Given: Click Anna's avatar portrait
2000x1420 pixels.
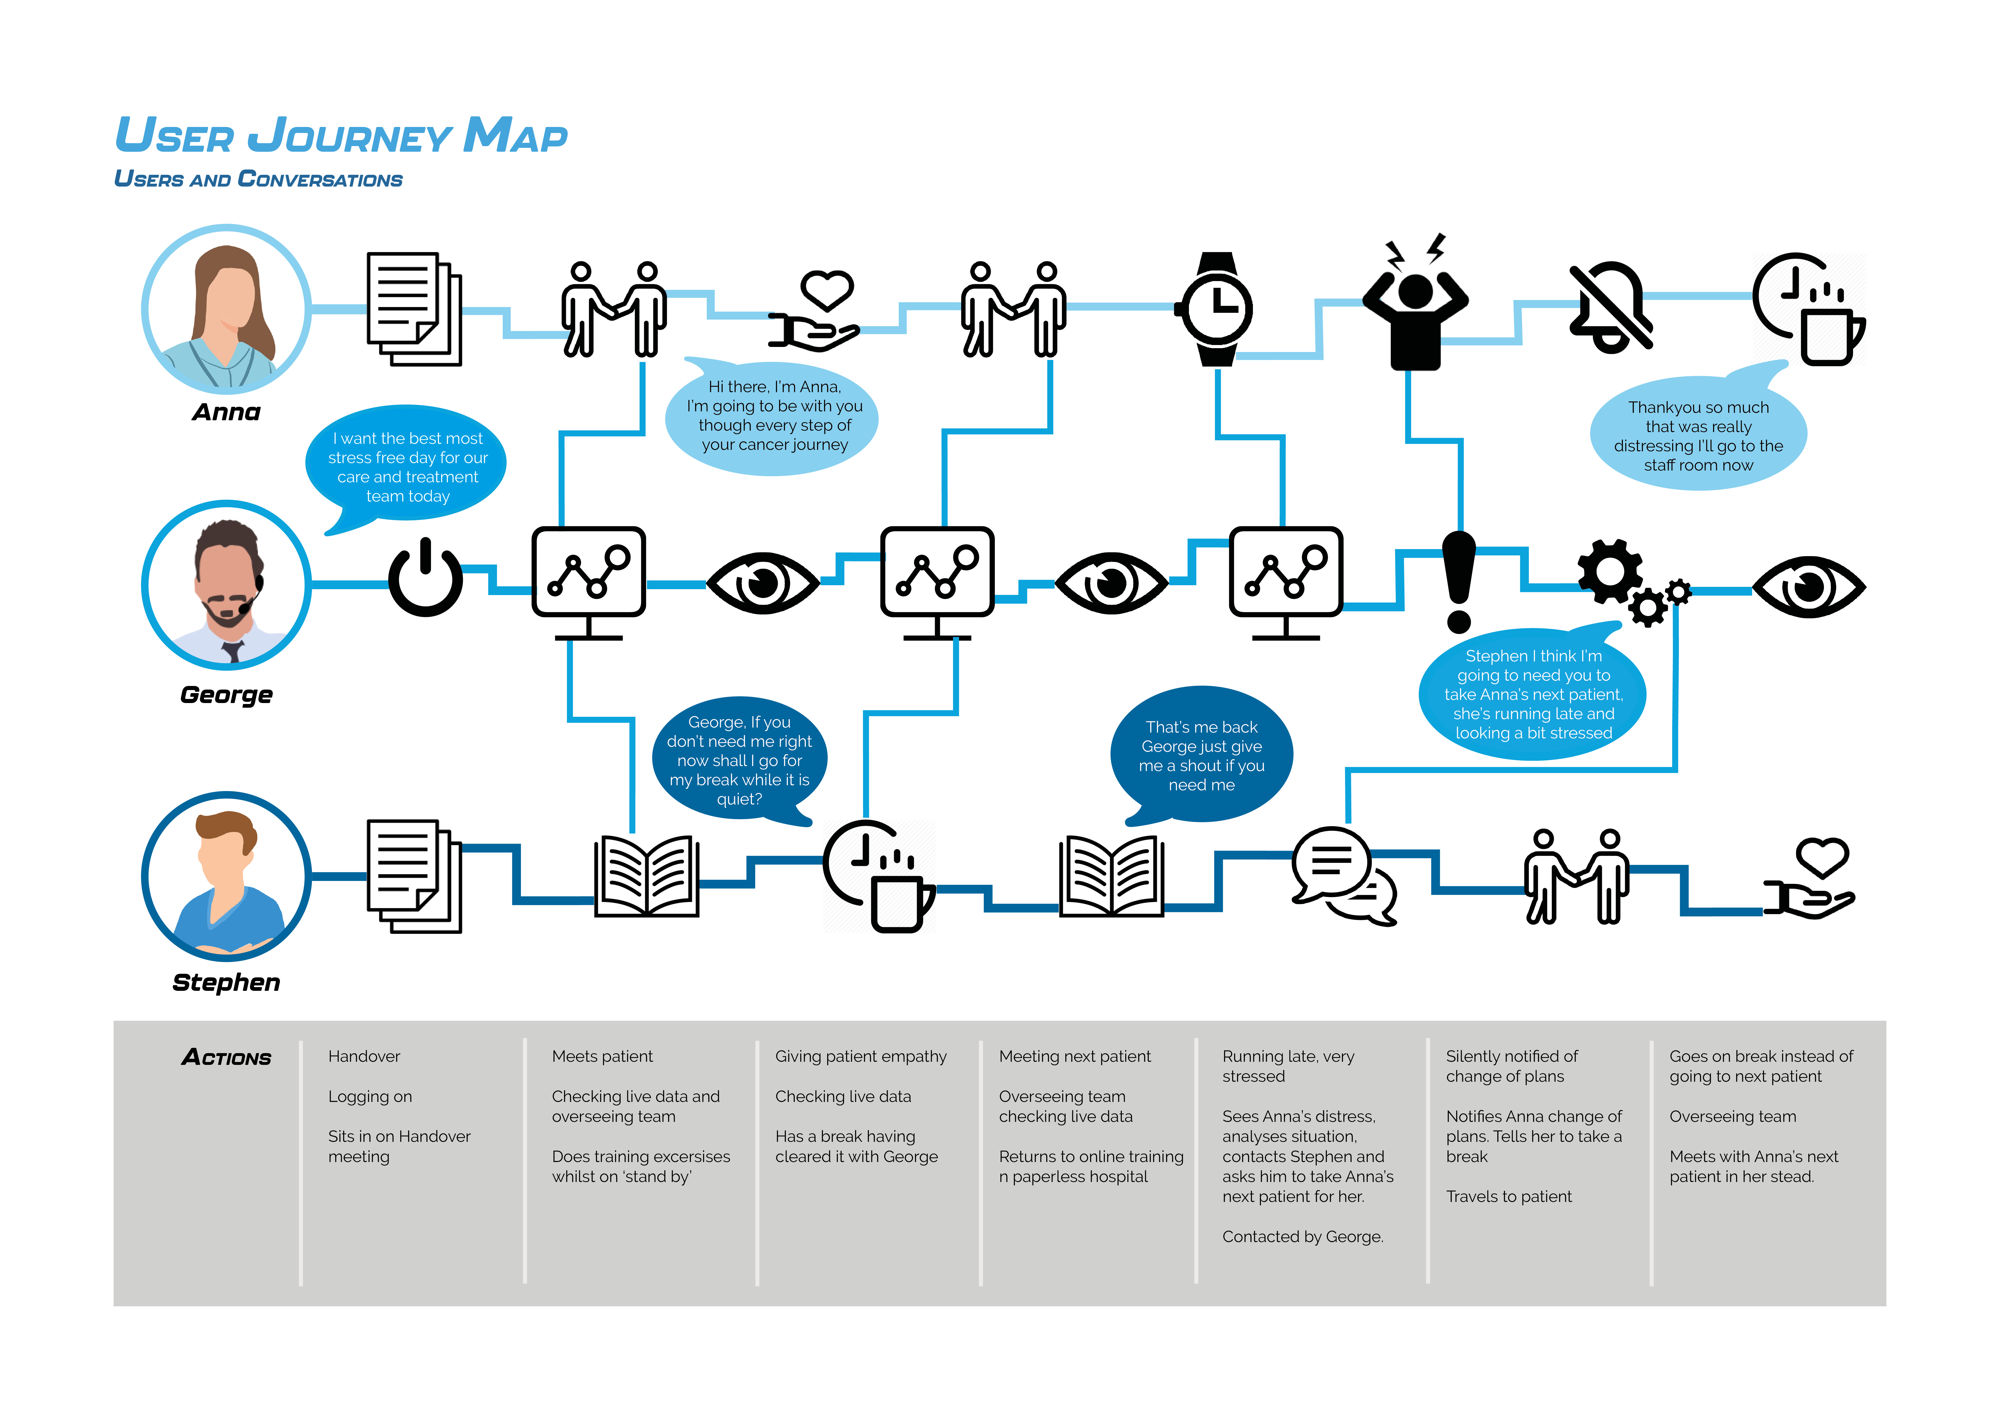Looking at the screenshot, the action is pos(227,309).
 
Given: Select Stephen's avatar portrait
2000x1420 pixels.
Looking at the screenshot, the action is pos(227,876).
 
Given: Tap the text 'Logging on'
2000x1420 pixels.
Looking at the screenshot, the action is pos(370,1096).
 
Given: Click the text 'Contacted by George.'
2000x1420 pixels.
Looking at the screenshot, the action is pos(1302,1236).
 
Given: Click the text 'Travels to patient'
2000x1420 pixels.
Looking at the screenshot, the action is pos(1509,1196).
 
